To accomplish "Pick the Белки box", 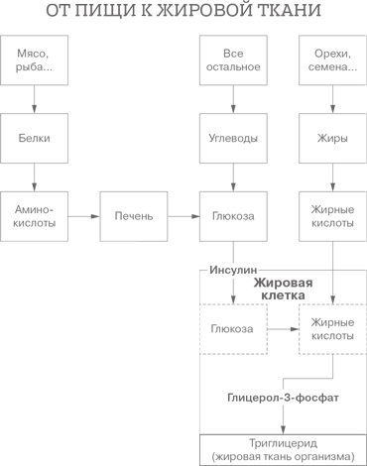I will click(x=35, y=138).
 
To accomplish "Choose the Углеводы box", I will click(x=233, y=138).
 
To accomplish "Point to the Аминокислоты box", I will click(x=35, y=216).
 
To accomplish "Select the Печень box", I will click(x=133, y=216).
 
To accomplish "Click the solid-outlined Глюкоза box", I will click(x=233, y=216).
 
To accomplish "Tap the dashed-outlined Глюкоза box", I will click(x=233, y=328).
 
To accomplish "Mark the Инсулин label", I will click(x=233, y=269).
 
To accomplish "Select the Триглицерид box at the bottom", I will click(x=282, y=449).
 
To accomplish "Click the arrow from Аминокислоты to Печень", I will click(x=84, y=216).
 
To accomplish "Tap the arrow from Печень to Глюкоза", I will click(x=183, y=216).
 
